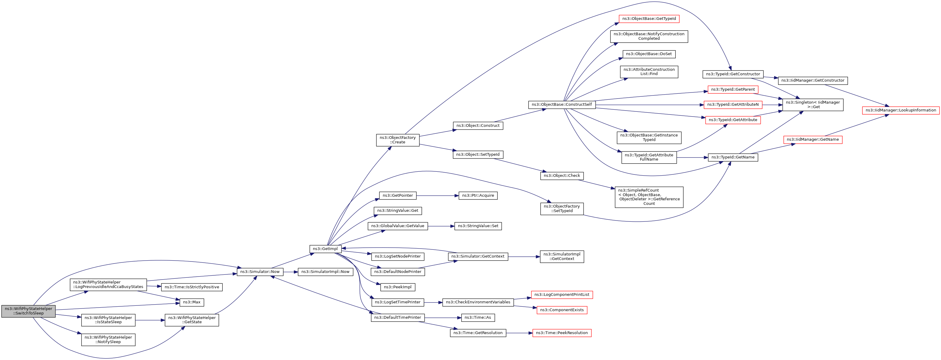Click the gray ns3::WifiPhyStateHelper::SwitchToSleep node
tap(29, 311)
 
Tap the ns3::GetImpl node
tap(325, 249)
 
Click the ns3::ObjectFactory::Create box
tap(397, 140)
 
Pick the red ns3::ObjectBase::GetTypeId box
tap(649, 19)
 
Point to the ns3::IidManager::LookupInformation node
tap(900, 110)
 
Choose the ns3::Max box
tap(192, 302)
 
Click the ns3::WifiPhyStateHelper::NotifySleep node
tap(108, 340)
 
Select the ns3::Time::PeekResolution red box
tap(562, 333)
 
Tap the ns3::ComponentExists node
tap(562, 310)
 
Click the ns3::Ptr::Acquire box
tap(478, 196)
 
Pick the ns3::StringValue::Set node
tap(478, 226)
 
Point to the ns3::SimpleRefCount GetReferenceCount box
tap(649, 197)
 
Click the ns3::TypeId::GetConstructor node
tap(733, 74)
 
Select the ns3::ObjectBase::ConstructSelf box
tap(562, 105)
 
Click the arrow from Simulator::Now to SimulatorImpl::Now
tap(290, 272)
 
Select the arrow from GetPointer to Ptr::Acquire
tap(437, 196)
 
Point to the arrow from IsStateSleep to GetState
tap(150, 320)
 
